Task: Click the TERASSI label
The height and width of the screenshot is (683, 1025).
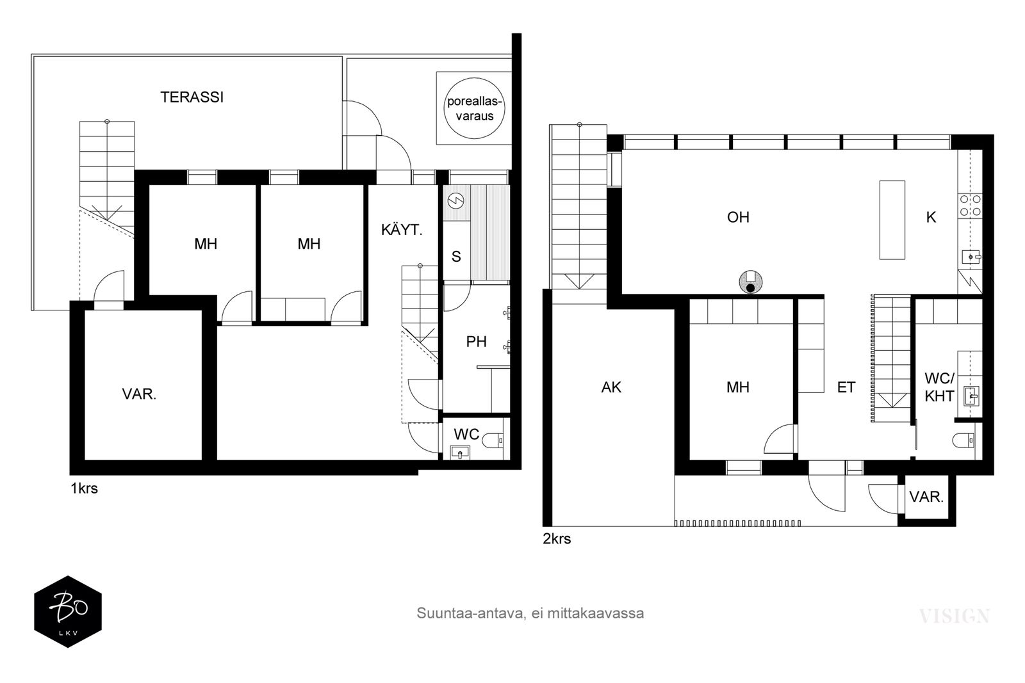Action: pos(192,97)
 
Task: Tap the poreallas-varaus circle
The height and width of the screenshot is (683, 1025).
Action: pos(475,108)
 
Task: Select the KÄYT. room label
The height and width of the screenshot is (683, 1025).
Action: pos(402,230)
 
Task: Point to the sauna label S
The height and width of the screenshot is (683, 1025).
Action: pos(456,257)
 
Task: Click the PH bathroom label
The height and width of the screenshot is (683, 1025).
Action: pos(476,341)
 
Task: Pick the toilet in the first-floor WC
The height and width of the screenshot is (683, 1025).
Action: pos(493,440)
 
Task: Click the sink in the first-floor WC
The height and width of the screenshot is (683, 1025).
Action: pos(460,453)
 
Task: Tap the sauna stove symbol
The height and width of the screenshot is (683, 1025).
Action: pos(456,200)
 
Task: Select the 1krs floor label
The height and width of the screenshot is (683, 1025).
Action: pos(84,488)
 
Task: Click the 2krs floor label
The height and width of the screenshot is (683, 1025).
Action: pos(557,538)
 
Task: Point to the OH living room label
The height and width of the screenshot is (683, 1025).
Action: pos(738,217)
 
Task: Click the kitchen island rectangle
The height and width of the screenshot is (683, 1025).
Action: pos(892,220)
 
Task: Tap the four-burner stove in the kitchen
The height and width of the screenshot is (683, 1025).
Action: pos(970,205)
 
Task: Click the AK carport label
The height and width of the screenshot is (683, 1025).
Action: pos(611,387)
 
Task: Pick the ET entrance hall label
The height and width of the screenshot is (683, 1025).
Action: pos(846,387)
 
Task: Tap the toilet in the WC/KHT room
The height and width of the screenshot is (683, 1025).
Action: pos(963,440)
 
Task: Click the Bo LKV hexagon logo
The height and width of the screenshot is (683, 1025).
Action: pos(68,611)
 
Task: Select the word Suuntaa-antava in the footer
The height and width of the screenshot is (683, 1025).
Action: pos(470,613)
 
